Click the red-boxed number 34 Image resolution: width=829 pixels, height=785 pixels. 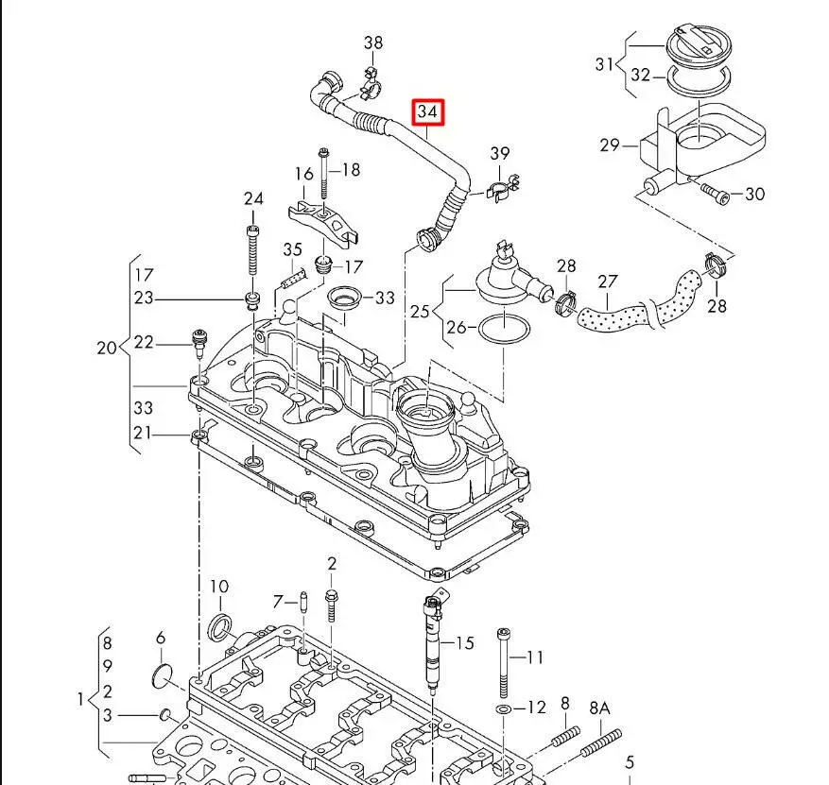point(427,112)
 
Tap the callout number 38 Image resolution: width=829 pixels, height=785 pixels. point(373,43)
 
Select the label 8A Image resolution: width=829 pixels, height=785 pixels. point(600,707)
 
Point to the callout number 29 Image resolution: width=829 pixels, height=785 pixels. point(609,145)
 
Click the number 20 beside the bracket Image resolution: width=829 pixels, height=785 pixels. point(107,348)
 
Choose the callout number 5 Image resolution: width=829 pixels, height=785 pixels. point(629,762)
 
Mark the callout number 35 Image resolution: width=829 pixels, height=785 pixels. point(292,250)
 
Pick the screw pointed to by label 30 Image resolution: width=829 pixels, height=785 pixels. point(714,194)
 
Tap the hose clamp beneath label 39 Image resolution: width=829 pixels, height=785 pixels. point(501,190)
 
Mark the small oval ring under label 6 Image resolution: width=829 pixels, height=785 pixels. point(163,674)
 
